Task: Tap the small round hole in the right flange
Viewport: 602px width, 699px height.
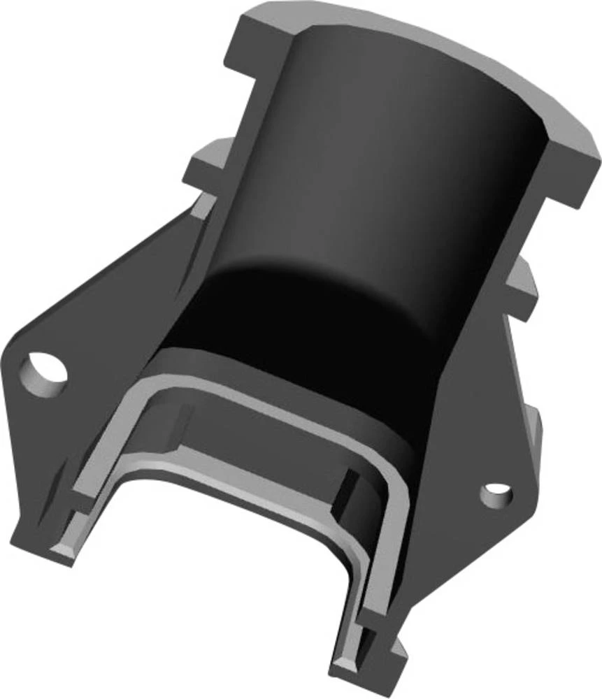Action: [496, 493]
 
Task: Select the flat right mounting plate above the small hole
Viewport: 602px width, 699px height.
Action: [482, 405]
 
